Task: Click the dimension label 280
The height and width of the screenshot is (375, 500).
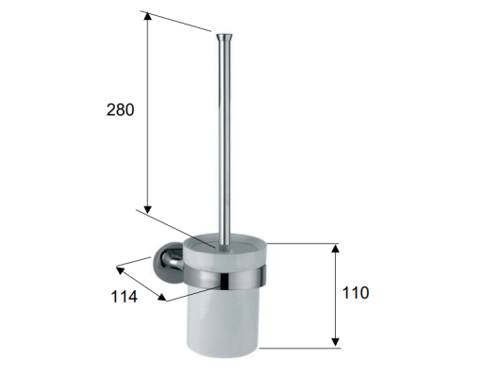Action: [120, 109]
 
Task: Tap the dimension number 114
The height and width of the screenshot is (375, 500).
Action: [124, 297]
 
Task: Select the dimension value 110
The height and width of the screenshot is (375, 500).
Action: [356, 292]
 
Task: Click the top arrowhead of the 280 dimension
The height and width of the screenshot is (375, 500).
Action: [147, 16]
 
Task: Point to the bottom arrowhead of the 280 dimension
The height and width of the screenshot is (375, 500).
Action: [147, 210]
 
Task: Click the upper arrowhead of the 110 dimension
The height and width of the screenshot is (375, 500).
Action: [335, 248]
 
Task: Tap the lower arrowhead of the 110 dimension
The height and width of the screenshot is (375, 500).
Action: [335, 342]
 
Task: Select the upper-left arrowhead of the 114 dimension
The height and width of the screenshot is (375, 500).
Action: [120, 269]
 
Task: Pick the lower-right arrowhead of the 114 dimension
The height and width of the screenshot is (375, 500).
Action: [162, 297]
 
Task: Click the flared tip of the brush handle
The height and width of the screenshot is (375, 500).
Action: [225, 38]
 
